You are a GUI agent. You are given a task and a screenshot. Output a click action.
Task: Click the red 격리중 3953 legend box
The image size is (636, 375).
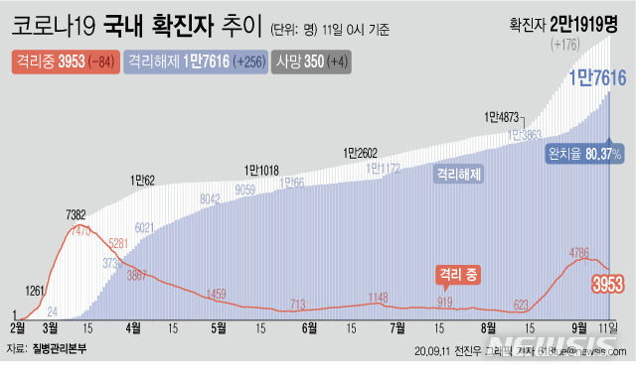pyautogui.click(x=63, y=62)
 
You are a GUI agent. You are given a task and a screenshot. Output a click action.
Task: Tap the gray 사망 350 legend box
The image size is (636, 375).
pyautogui.click(x=310, y=62)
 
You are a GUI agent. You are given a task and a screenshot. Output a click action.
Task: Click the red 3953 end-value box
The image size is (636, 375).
pyautogui.click(x=608, y=286)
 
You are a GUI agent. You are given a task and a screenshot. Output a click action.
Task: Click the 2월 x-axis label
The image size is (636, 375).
pyautogui.click(x=18, y=325)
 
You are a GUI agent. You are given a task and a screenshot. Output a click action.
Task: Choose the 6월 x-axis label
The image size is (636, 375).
pyautogui.click(x=309, y=325)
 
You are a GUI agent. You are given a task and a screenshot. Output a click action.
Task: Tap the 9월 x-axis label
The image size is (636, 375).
pyautogui.click(x=576, y=325)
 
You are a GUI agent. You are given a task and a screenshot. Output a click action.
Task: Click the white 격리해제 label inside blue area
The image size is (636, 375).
pyautogui.click(x=458, y=174)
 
